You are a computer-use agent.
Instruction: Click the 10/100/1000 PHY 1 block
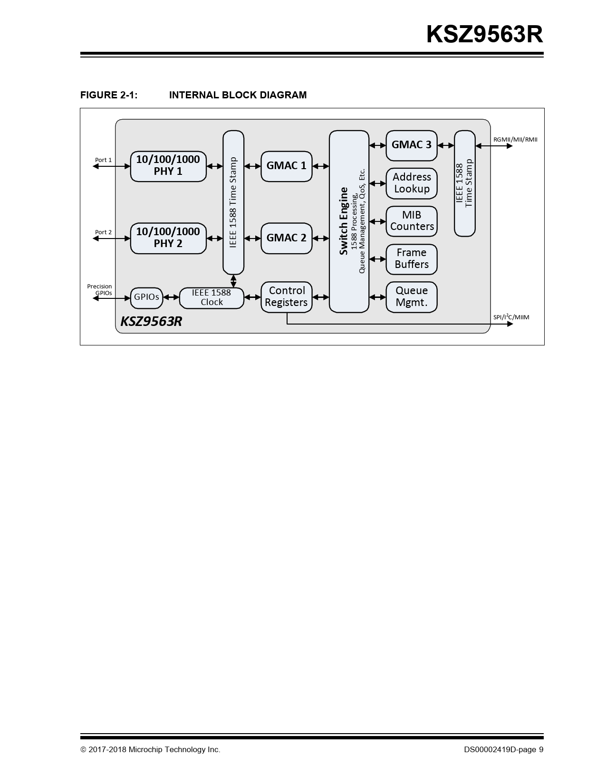tap(168, 166)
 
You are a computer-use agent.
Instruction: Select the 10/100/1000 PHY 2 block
tap(168, 238)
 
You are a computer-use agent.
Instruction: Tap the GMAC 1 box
tap(286, 166)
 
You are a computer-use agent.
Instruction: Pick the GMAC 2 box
tap(286, 238)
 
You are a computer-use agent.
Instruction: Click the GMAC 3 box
tap(411, 145)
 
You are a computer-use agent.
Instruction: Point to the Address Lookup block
tap(411, 183)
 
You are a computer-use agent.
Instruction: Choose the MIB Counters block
tap(411, 221)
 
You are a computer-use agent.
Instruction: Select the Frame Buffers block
tap(411, 259)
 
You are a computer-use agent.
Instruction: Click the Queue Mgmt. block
tap(411, 297)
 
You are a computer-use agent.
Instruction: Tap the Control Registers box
tap(286, 297)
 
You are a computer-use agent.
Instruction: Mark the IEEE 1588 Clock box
tap(212, 298)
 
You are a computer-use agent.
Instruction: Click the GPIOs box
tap(146, 297)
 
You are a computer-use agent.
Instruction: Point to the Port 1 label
tap(103, 160)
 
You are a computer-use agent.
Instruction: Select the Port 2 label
tap(103, 232)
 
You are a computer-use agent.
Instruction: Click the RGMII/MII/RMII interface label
tap(515, 140)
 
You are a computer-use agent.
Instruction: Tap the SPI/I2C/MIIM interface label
tap(511, 317)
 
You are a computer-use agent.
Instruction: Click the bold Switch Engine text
tap(344, 221)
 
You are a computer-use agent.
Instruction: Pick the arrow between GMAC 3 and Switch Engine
tap(377, 145)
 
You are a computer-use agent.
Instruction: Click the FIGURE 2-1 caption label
tap(109, 95)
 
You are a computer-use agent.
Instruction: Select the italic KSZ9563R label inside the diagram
tap(151, 322)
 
